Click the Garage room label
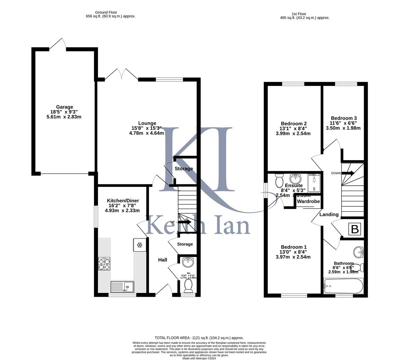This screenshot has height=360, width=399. pyautogui.click(x=65, y=107)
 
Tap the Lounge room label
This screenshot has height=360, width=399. pyautogui.click(x=147, y=123)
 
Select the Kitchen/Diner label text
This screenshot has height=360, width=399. pyautogui.click(x=123, y=201)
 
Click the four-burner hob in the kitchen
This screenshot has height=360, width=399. pyautogui.click(x=104, y=264)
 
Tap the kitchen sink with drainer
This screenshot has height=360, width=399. pyautogui.click(x=122, y=287)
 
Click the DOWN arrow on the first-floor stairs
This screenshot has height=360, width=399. pyautogui.click(x=348, y=173)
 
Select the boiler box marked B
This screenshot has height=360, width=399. pyautogui.click(x=355, y=230)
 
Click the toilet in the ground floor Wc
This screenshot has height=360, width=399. pyautogui.click(x=188, y=286)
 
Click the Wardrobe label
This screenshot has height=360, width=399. pyautogui.click(x=308, y=202)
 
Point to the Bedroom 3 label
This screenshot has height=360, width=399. pyautogui.click(x=344, y=118)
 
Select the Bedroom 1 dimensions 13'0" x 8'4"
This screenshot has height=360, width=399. pyautogui.click(x=293, y=252)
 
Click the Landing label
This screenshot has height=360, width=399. pyautogui.click(x=329, y=214)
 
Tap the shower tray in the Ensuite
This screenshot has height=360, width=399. pyautogui.click(x=314, y=183)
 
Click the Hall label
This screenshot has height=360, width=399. pyautogui.click(x=163, y=260)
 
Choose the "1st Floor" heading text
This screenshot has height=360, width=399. pyautogui.click(x=299, y=14)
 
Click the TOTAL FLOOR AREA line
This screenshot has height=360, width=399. pyautogui.click(x=199, y=338)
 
